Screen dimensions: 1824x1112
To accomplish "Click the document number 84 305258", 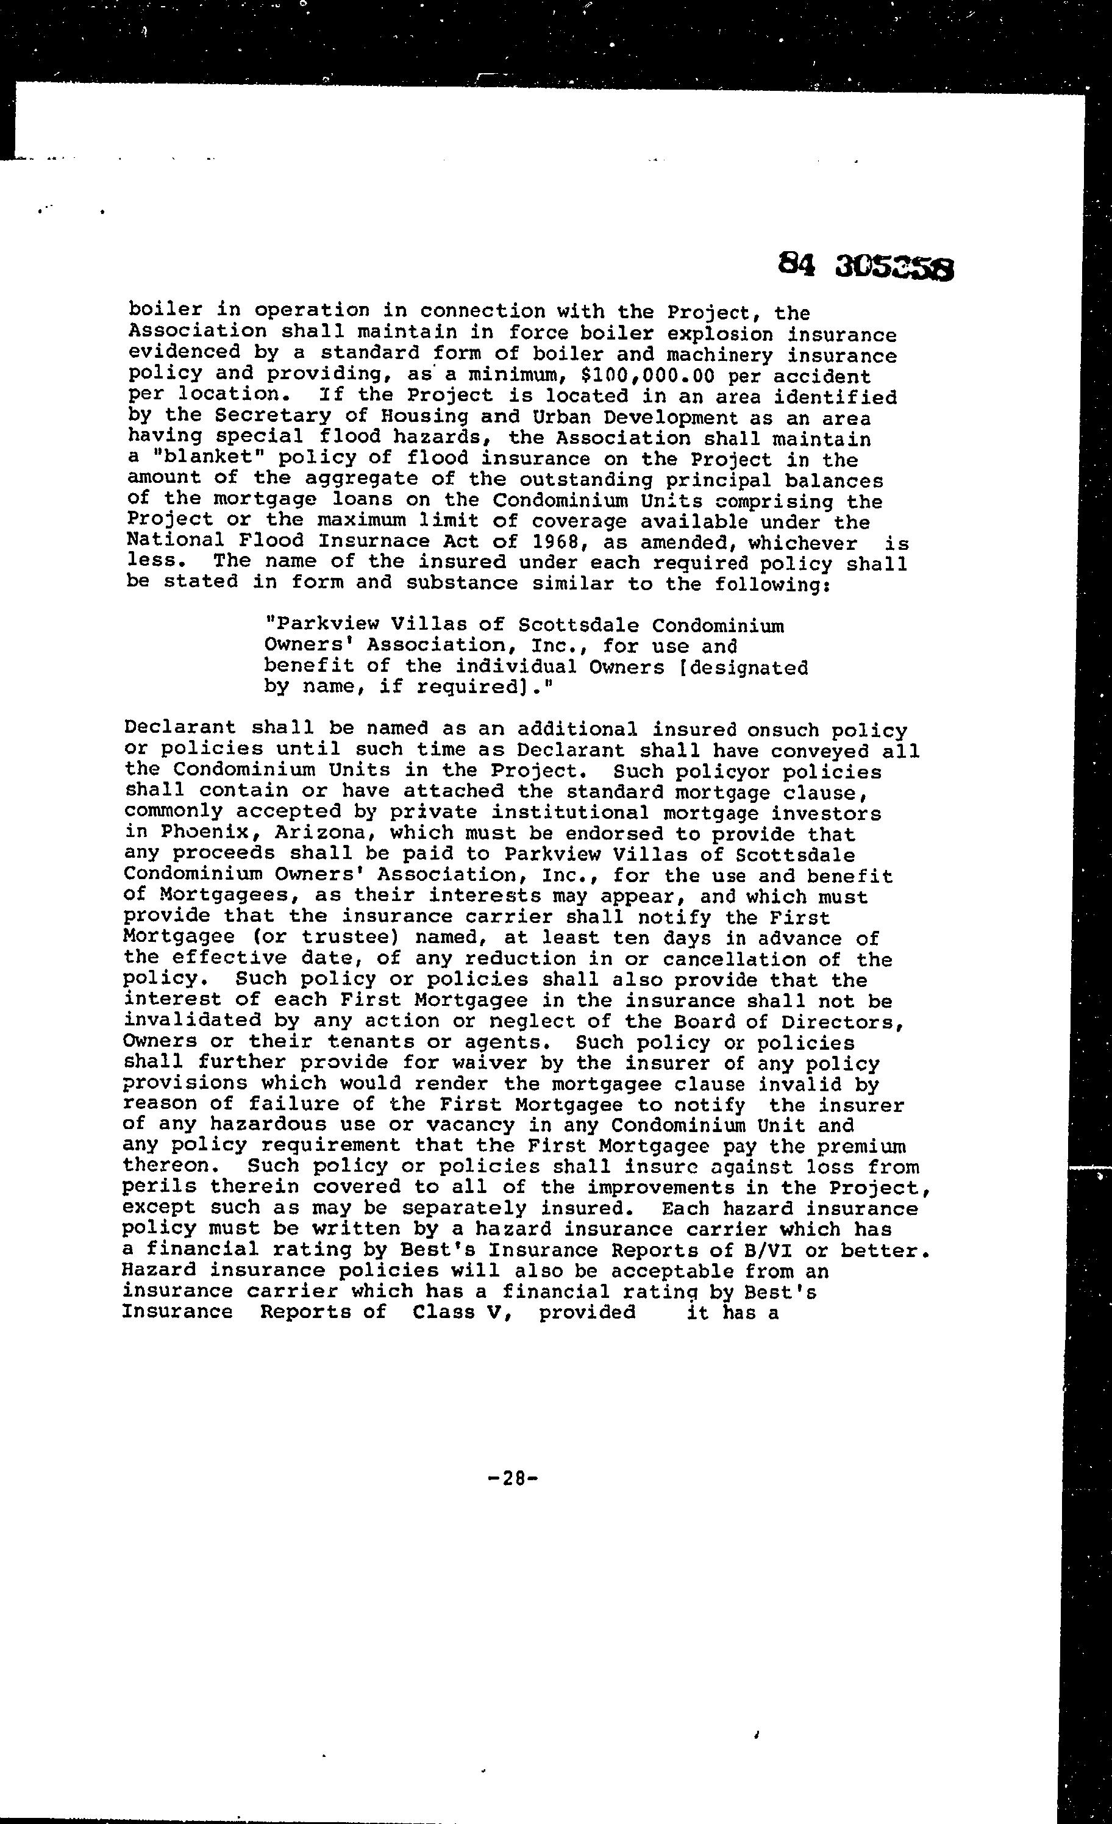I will click(x=866, y=266).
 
